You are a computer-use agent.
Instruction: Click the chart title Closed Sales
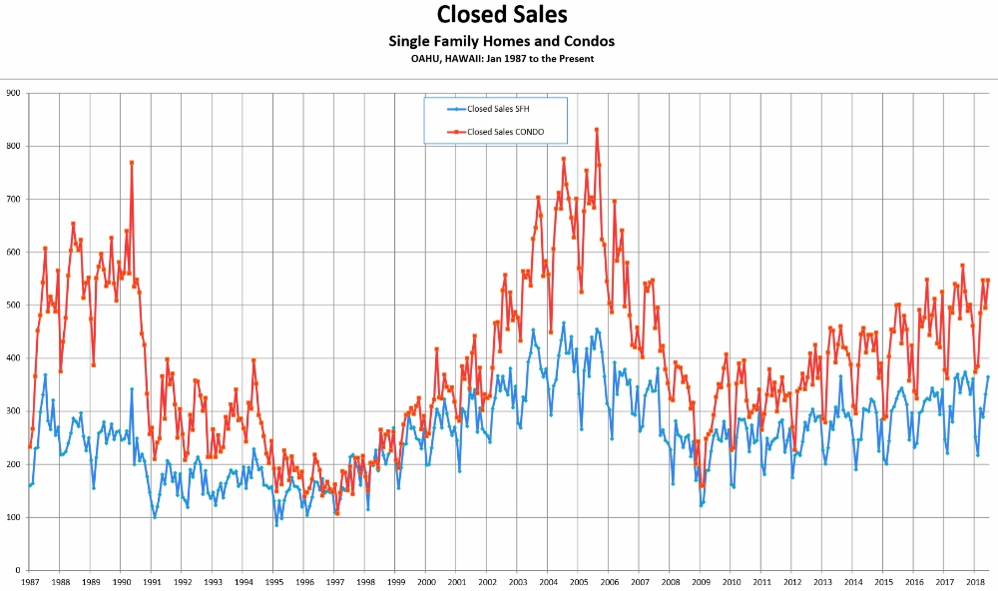502,15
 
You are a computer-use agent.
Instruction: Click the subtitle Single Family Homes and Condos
501,41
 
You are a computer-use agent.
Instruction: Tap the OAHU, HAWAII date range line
502,59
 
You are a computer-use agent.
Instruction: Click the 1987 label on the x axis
30,581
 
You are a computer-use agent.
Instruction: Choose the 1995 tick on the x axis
273,581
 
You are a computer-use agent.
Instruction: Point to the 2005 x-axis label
579,581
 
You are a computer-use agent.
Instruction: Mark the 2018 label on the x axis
975,581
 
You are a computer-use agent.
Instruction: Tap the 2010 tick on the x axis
732,581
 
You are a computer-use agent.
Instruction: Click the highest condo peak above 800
596,129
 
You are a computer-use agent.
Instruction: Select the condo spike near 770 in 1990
131,163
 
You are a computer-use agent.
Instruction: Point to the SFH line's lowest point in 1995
276,524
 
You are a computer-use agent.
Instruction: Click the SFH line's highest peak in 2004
563,323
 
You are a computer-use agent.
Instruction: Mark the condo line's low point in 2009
701,486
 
